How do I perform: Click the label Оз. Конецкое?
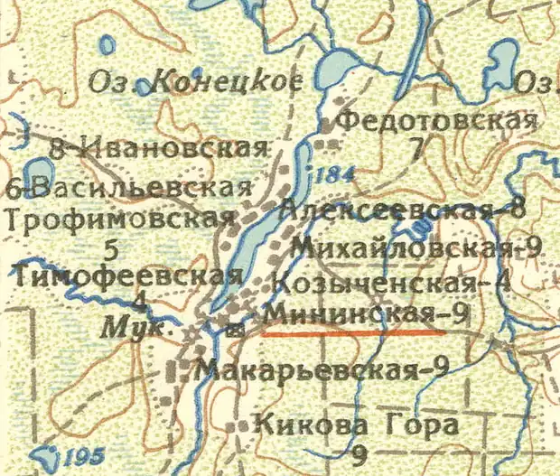click(194, 83)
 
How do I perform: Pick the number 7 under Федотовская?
click(415, 150)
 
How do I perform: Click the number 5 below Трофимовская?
click(111, 248)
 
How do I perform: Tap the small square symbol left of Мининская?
click(236, 331)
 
